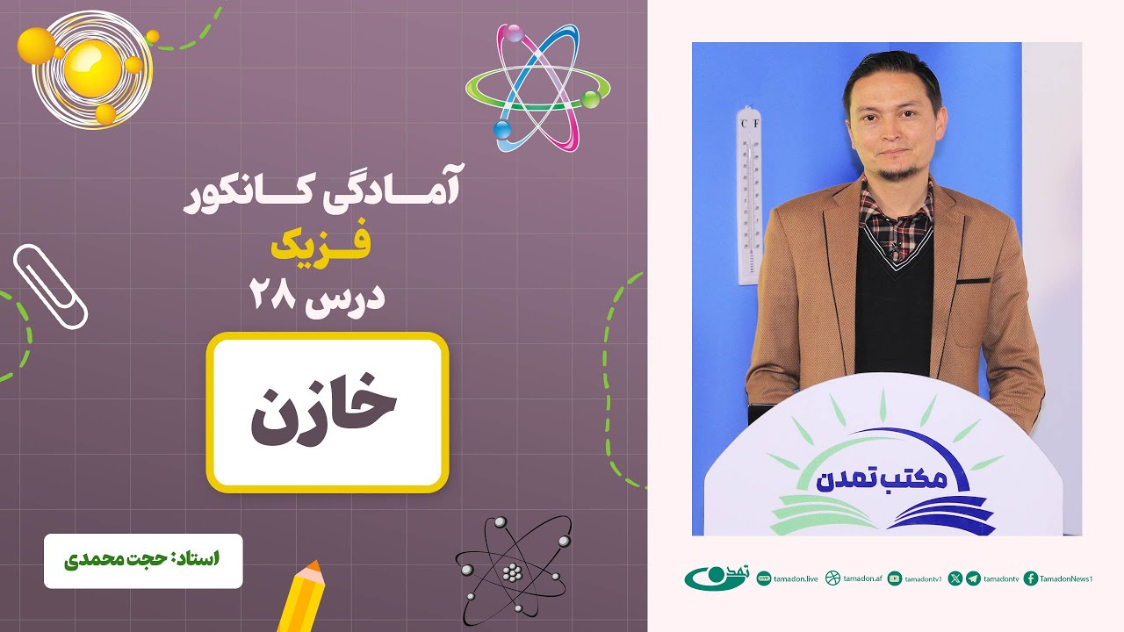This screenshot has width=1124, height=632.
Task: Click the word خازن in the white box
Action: point(326,413)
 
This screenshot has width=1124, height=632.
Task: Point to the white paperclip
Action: point(50,284)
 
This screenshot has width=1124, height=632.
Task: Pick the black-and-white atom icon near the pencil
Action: point(513,570)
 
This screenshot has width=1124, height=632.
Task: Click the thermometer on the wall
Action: point(749,195)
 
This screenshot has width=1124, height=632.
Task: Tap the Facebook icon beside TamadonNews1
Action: point(1031,578)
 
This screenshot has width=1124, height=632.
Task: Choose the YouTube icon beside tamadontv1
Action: point(895,578)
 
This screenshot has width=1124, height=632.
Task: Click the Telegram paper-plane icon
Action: point(973,578)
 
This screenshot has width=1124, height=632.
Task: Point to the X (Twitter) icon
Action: point(955,578)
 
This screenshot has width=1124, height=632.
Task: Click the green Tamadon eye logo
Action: point(716,578)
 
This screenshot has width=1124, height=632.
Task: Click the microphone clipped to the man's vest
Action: point(892,253)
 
